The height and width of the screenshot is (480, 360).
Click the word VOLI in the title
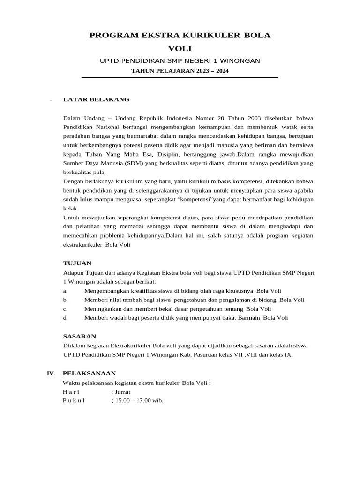point(180,48)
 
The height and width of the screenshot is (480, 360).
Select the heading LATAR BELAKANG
point(96,99)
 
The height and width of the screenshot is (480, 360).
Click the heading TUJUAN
point(77,263)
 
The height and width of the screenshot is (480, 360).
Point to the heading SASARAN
point(80,336)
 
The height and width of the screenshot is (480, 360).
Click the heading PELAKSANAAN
point(89,373)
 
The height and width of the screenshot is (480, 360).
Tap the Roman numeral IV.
point(51,373)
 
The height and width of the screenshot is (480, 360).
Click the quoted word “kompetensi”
point(194,199)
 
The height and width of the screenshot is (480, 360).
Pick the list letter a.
point(65,291)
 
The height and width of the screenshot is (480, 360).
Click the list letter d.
point(65,318)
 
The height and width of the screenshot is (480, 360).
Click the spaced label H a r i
point(71,392)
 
